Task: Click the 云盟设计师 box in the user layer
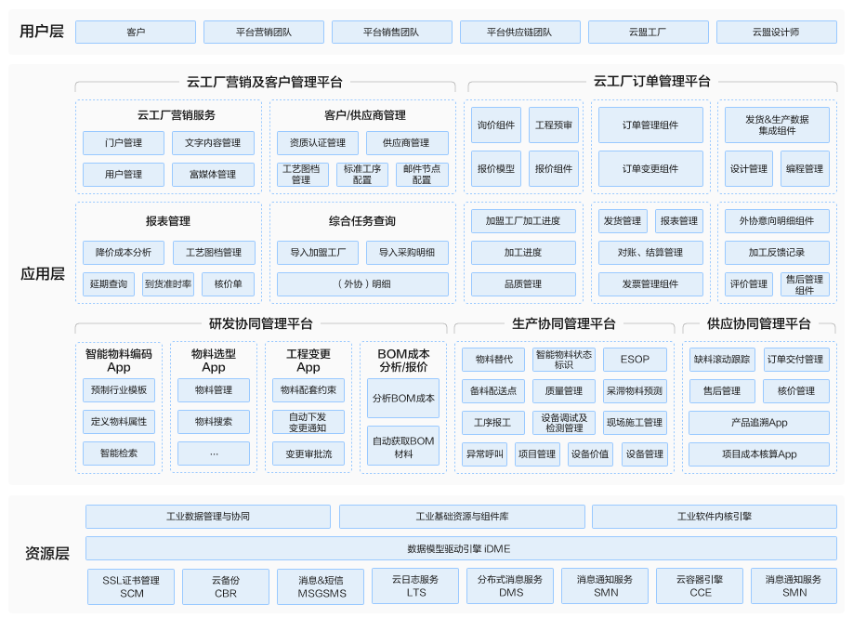click(776, 33)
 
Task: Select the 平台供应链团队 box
click(519, 33)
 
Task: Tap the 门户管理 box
click(124, 143)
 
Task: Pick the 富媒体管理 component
click(213, 175)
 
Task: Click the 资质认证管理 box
click(318, 143)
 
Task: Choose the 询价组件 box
click(496, 125)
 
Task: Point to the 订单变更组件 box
click(650, 168)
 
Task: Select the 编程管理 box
click(805, 168)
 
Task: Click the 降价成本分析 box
click(124, 253)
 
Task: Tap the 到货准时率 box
click(168, 284)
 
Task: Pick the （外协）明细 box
click(363, 284)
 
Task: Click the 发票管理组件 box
click(650, 284)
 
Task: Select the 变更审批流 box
click(308, 454)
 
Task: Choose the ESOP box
click(635, 359)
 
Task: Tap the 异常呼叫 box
click(485, 454)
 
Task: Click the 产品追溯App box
click(759, 423)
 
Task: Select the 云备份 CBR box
click(226, 586)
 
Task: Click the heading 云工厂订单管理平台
click(651, 82)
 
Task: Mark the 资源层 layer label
click(46, 554)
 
